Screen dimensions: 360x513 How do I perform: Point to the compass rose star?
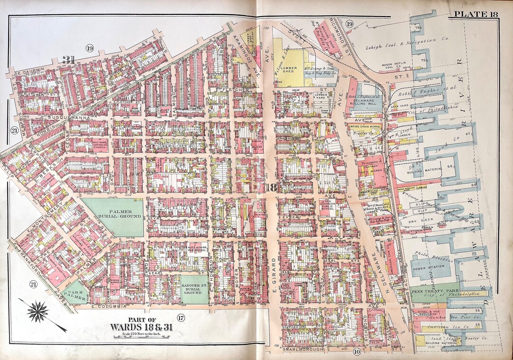pos(38,312)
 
